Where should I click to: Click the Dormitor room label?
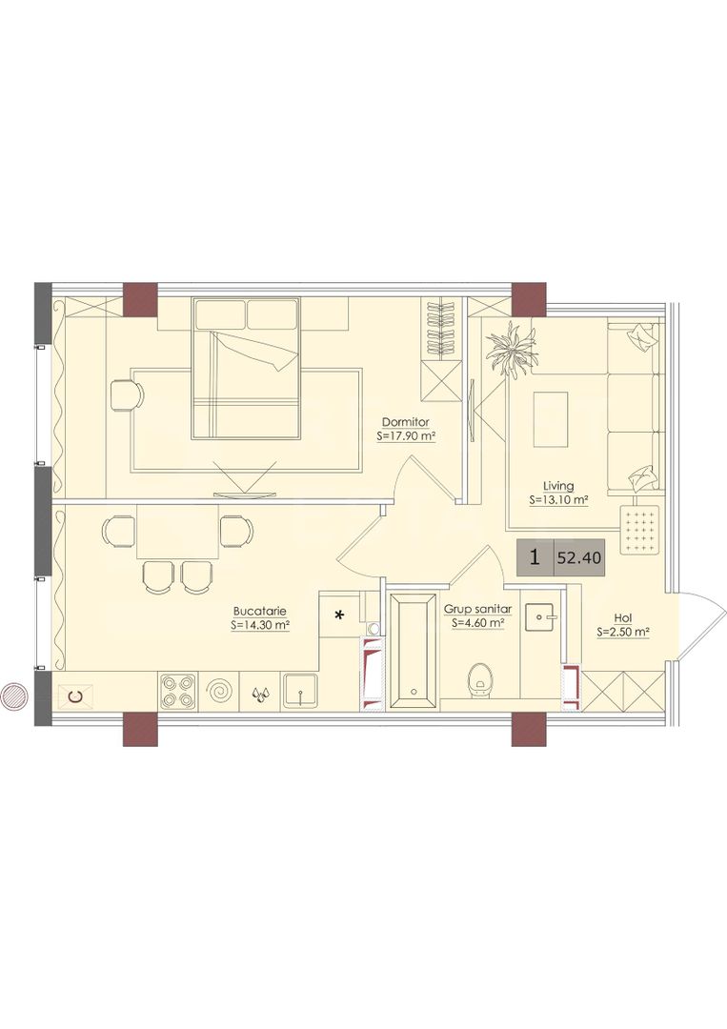pos(406,422)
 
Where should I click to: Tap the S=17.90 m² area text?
pos(407,435)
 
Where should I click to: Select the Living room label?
pos(558,486)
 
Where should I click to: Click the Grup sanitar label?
pos(477,609)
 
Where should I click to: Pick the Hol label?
pos(623,618)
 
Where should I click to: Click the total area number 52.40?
pos(579,558)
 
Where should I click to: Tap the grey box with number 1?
pos(535,557)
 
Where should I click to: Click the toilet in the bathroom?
pos(480,678)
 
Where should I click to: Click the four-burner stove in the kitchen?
pos(179,691)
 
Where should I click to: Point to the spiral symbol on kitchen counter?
pos(219,691)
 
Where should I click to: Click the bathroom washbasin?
pos(540,616)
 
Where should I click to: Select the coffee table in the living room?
pos(551,419)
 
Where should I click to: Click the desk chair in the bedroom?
pos(127,395)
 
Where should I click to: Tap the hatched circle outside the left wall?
pos(13,695)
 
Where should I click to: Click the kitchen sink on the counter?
pos(301,691)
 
